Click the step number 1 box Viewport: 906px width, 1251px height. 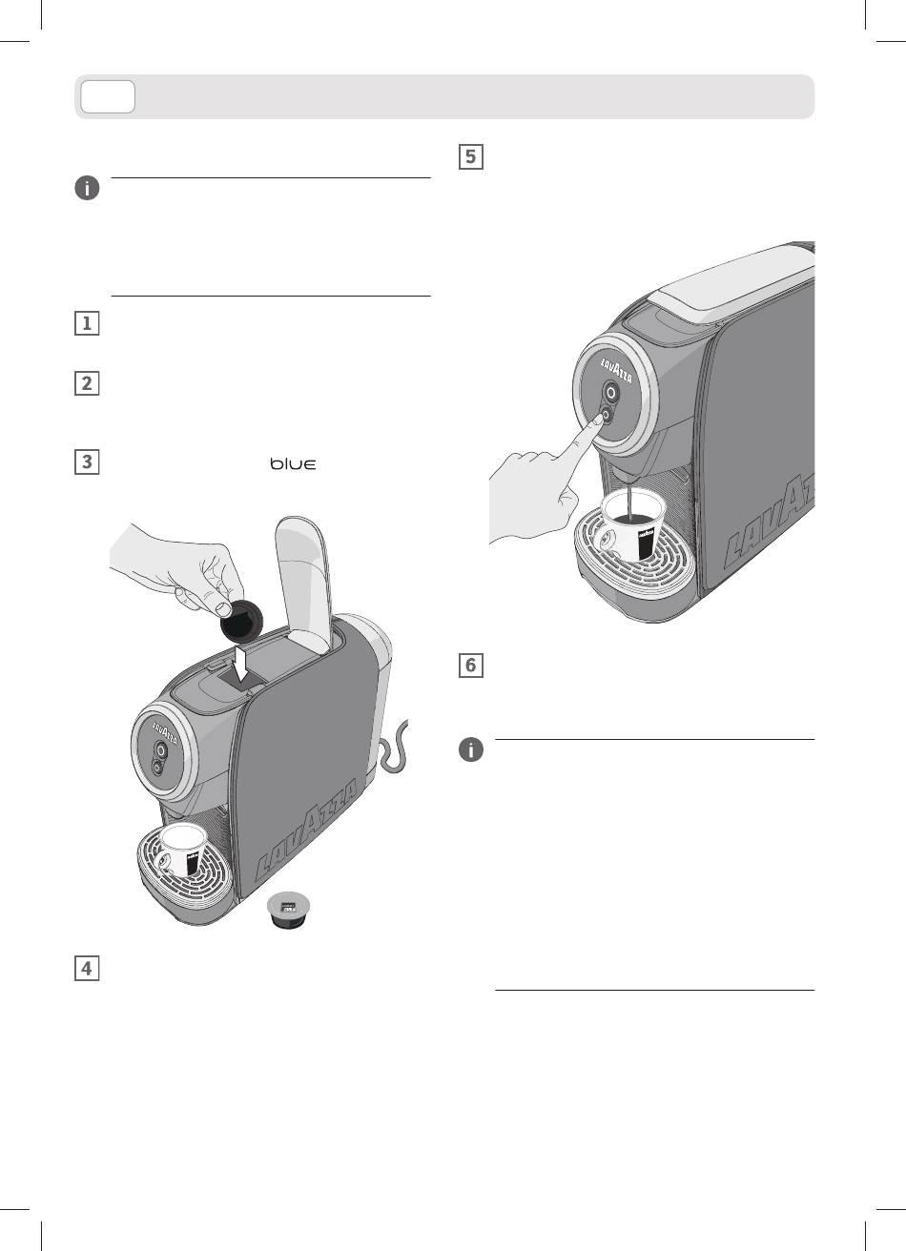[x=87, y=323]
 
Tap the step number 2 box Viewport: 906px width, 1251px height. [x=87, y=383]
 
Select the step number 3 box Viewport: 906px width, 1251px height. [x=87, y=461]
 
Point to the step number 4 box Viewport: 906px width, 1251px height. [x=87, y=969]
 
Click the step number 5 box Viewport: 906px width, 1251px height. [x=471, y=156]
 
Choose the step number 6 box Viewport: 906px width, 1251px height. [x=471, y=666]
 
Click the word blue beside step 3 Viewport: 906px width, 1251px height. [x=293, y=463]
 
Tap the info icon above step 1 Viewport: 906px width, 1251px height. [x=87, y=188]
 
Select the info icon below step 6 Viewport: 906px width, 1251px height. [x=471, y=750]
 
